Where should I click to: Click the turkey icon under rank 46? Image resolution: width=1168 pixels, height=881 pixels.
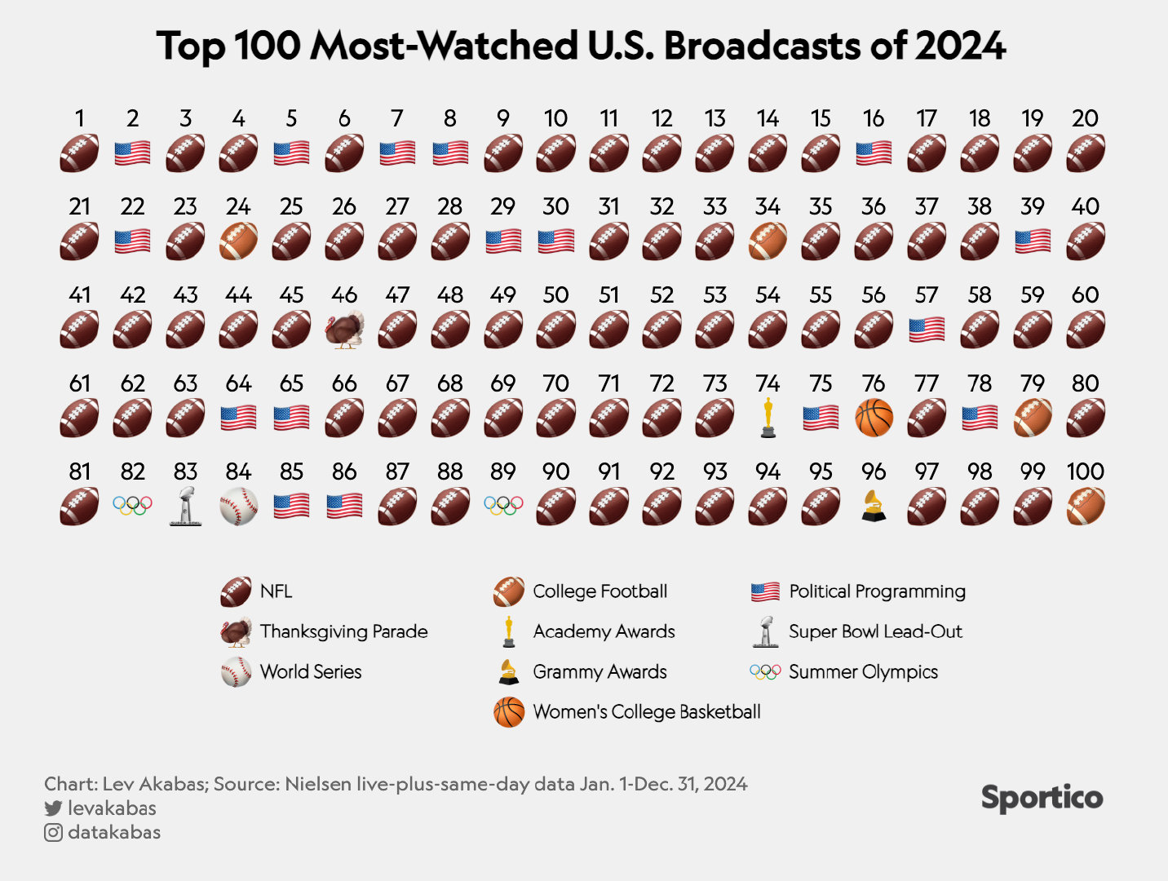[x=344, y=330]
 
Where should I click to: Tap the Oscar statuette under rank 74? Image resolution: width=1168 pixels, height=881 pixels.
[x=768, y=418]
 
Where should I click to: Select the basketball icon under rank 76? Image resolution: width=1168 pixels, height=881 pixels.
[x=874, y=418]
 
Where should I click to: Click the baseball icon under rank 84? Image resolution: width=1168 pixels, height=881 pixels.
[x=238, y=506]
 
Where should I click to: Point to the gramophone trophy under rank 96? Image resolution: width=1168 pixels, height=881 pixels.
[x=874, y=506]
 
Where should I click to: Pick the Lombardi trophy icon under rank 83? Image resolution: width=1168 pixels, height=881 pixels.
[x=185, y=506]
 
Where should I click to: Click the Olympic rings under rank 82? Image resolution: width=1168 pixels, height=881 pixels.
[x=132, y=506]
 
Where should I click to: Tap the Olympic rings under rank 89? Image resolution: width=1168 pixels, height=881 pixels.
[x=503, y=506]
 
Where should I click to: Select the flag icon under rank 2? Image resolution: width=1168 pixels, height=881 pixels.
[x=132, y=153]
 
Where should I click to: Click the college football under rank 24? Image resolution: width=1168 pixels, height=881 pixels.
[x=238, y=241]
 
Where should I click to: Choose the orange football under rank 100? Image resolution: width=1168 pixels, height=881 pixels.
[x=1086, y=506]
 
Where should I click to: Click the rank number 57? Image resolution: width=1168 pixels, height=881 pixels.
[x=927, y=294]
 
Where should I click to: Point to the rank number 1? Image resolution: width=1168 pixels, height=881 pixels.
[x=79, y=118]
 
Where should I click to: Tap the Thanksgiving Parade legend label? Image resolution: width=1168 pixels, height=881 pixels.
[x=343, y=631]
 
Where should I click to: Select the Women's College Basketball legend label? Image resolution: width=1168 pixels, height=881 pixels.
[x=646, y=711]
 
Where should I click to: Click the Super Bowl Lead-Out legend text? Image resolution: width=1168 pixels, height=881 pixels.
[x=875, y=631]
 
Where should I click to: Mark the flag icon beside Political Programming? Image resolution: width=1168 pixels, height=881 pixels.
[x=765, y=591]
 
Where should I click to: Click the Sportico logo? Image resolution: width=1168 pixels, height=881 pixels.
[x=1042, y=798]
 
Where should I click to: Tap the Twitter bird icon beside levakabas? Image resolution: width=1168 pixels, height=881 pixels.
[x=53, y=808]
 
